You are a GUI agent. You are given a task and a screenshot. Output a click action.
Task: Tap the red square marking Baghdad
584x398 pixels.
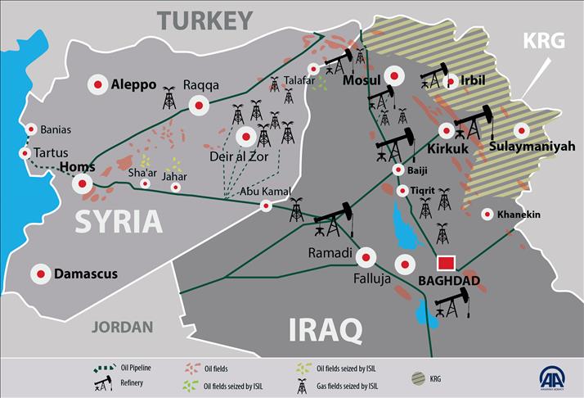tap(446, 264)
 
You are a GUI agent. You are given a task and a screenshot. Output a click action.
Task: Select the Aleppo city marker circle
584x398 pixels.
tap(98, 84)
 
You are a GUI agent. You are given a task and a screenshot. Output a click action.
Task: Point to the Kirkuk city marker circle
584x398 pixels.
tap(447, 130)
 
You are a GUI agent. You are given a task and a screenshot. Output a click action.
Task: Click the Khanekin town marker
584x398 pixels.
tap(487, 215)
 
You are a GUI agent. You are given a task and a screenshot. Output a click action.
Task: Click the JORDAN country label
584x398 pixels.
tap(122, 327)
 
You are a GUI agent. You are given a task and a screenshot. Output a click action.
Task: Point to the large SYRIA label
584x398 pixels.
tap(119, 222)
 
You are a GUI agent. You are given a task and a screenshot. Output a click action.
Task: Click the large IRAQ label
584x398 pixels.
tap(326, 329)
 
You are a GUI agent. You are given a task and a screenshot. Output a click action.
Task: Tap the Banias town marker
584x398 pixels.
tap(31, 129)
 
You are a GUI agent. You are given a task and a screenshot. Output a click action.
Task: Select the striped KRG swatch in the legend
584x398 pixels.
tap(419, 379)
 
